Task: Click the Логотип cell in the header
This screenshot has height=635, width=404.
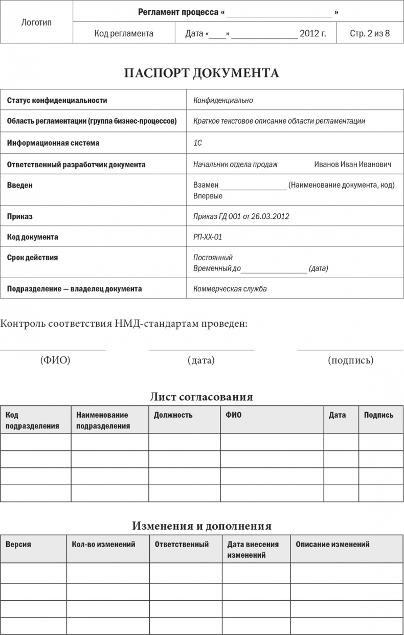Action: (x=36, y=22)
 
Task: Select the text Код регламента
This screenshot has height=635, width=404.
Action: (x=124, y=34)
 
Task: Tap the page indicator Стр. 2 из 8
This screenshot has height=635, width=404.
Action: (x=369, y=34)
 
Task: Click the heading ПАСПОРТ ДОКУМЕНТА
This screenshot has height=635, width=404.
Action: (x=201, y=73)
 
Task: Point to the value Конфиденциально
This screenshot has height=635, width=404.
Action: (x=223, y=101)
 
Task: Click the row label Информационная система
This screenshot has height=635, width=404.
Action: (x=53, y=143)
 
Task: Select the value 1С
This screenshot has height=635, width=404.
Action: (x=197, y=143)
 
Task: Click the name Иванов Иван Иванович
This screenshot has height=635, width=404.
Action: (x=352, y=165)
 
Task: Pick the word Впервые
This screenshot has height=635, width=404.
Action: (x=208, y=196)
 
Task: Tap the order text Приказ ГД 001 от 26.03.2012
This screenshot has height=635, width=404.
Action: (x=241, y=216)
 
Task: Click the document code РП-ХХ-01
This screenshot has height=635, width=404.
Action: (x=208, y=237)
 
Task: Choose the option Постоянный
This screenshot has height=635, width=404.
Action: (x=213, y=258)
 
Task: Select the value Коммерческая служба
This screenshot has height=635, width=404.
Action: (x=230, y=289)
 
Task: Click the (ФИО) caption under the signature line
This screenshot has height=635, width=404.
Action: (x=55, y=360)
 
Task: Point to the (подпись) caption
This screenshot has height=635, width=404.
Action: (x=350, y=360)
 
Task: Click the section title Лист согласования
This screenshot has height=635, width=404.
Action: (x=201, y=397)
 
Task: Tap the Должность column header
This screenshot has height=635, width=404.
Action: (x=173, y=415)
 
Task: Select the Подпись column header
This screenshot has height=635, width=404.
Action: (x=378, y=415)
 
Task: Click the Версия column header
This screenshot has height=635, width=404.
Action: (x=18, y=545)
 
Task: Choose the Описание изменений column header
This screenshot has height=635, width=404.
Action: (x=332, y=545)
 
